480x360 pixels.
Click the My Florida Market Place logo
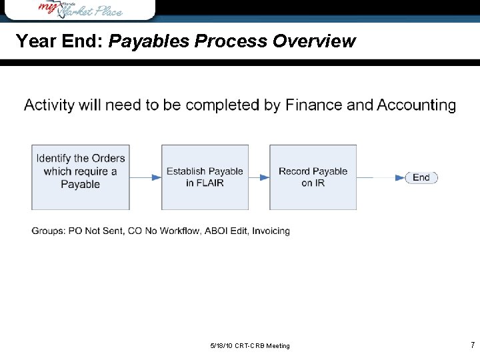click(x=80, y=9)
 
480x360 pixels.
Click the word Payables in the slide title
click(x=147, y=41)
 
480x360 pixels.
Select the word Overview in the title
click(x=314, y=41)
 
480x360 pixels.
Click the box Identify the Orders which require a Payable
click(x=81, y=177)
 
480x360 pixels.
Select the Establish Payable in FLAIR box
click(x=205, y=177)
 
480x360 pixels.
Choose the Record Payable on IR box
click(x=313, y=177)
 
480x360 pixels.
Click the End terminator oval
click(x=421, y=177)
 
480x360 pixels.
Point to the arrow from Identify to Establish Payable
click(x=145, y=177)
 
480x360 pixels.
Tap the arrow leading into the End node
click(x=381, y=177)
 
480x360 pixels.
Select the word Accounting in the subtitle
click(x=416, y=105)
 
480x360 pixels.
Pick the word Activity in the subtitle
click(x=48, y=105)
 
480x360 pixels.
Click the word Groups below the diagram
click(x=48, y=231)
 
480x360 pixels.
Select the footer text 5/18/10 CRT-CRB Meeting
click(x=250, y=345)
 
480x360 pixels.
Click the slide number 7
click(x=472, y=345)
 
